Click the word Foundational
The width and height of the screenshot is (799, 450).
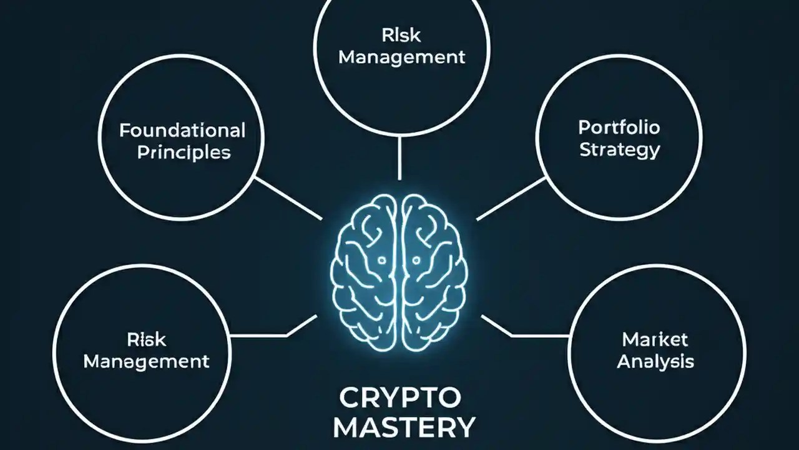coord(182,131)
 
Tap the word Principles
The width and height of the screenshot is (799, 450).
coord(184,152)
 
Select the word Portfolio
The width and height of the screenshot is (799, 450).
coord(619,128)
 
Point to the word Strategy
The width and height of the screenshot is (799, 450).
coord(619,150)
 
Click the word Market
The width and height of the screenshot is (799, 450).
coord(655,339)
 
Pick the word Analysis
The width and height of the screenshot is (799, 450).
coord(655,361)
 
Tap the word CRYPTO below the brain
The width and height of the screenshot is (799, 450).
coord(399,398)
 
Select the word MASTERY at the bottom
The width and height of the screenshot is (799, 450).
coord(404,428)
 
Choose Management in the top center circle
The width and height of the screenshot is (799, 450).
coord(401,57)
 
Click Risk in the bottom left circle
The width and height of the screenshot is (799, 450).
coord(147,339)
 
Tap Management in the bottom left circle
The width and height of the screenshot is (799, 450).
coord(146,361)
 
